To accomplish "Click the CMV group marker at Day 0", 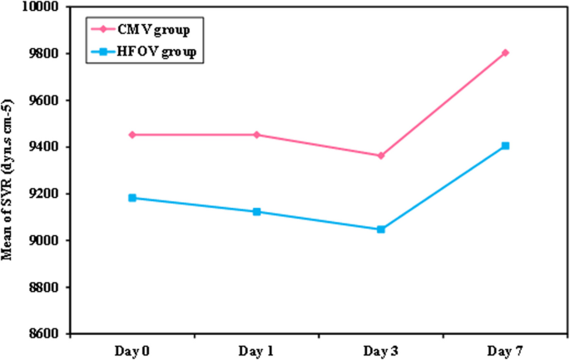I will click(x=132, y=135).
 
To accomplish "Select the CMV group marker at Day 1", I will click(x=256, y=135).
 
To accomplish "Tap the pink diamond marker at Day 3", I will click(x=381, y=155).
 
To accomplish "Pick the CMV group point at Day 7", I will click(x=505, y=52).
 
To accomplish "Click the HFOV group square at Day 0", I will click(x=132, y=198).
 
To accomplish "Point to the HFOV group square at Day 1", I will click(x=256, y=212).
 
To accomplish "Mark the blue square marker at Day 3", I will click(x=381, y=229).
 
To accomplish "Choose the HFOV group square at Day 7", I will click(x=505, y=146).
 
